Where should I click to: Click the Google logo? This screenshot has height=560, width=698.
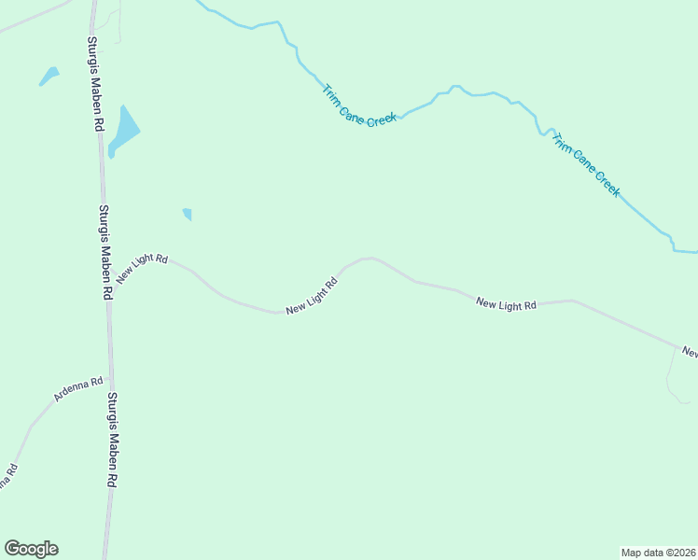tap(31, 549)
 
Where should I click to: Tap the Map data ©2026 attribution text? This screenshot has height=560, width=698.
tap(659, 552)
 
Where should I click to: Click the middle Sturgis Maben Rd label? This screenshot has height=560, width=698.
tap(106, 252)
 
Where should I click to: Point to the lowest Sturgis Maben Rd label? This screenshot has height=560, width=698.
tap(113, 440)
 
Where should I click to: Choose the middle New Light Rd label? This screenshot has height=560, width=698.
tap(312, 296)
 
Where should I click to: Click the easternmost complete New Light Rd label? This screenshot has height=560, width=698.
tap(506, 304)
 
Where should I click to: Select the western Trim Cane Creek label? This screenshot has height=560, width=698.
tap(359, 107)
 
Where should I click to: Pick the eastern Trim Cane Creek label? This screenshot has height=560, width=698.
tap(585, 164)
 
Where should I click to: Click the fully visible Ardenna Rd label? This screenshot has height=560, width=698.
tap(78, 389)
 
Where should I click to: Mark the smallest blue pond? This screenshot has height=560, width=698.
tap(188, 214)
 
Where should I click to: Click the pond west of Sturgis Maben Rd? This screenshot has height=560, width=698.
tap(49, 76)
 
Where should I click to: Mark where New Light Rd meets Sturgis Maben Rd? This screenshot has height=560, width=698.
tap(107, 280)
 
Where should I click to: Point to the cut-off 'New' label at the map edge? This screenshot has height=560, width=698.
tap(690, 353)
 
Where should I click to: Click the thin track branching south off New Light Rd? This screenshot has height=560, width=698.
tap(670, 378)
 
